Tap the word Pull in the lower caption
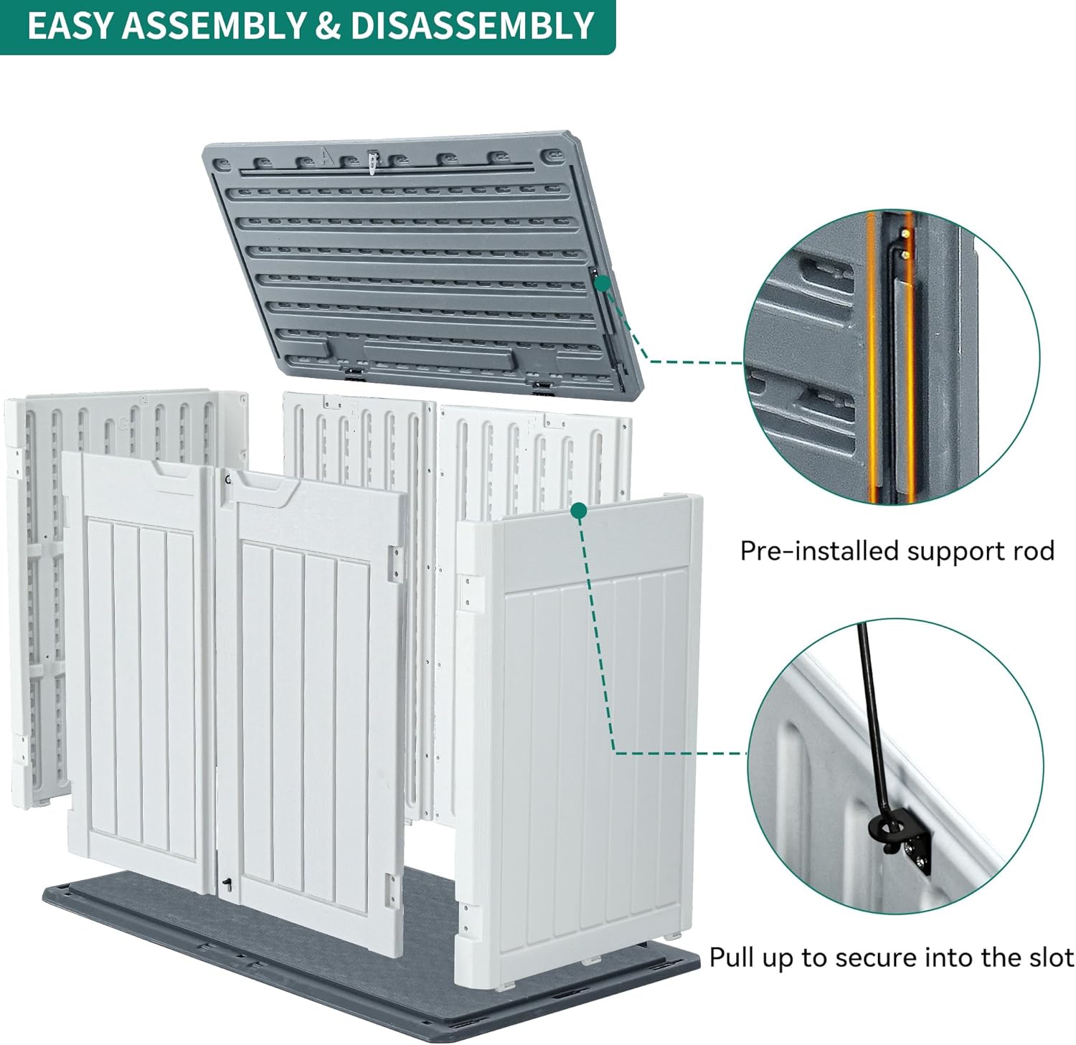[733, 957]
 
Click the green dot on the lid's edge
[603, 283]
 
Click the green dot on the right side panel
[579, 510]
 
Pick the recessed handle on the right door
[263, 491]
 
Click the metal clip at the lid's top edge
[372, 162]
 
